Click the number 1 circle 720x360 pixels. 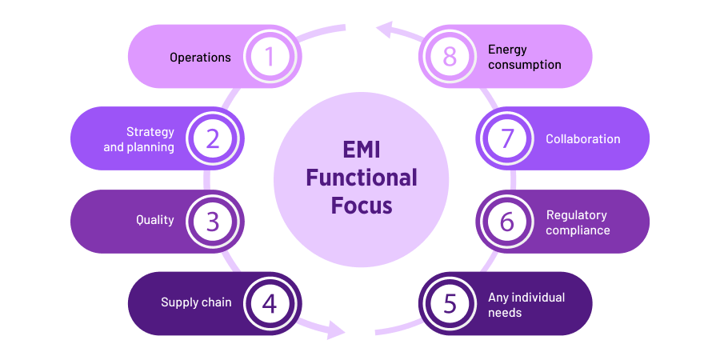[x=270, y=57]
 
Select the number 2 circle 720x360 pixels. [x=213, y=139]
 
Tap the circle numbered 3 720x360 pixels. [x=213, y=222]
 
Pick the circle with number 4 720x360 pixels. [x=270, y=303]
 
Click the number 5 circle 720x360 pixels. [x=450, y=303]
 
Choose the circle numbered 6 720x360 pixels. [x=507, y=222]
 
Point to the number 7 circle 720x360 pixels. [x=507, y=139]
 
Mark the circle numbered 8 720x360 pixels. [x=450, y=57]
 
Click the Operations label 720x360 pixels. [x=200, y=58]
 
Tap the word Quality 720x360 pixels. [x=154, y=220]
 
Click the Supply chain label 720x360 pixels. [x=196, y=302]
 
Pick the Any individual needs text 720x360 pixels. [x=526, y=305]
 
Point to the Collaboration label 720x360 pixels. [x=582, y=139]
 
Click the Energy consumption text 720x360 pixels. [x=524, y=57]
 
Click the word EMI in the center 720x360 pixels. [x=362, y=150]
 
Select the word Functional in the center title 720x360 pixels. [x=362, y=177]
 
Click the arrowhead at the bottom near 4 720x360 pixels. [x=336, y=328]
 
